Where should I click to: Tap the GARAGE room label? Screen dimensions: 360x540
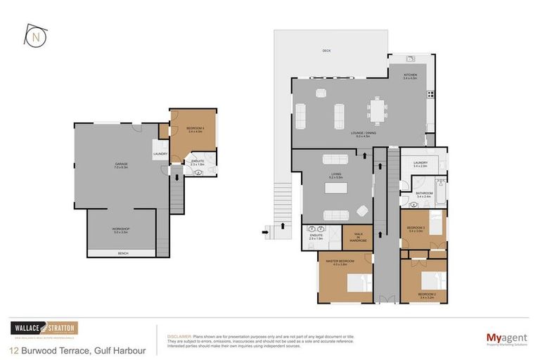122,164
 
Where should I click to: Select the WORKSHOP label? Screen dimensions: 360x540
122,229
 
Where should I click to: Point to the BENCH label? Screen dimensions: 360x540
122,253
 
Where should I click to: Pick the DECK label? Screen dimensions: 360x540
326,51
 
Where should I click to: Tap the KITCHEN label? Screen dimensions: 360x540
410,75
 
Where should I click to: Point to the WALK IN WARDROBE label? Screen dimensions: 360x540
357,236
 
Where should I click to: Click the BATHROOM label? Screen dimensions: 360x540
423,193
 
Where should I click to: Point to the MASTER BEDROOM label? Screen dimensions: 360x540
340,262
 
